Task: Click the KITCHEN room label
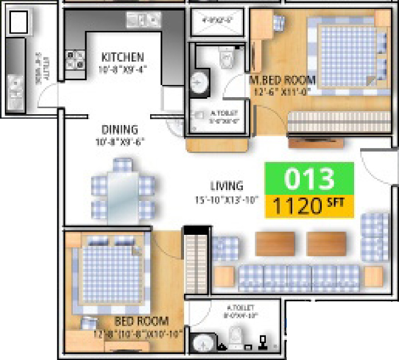[123, 57]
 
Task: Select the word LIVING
[226, 186]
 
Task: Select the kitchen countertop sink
[142, 19]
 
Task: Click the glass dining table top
[122, 192]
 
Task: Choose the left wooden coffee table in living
[272, 244]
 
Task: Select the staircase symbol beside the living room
[196, 261]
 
